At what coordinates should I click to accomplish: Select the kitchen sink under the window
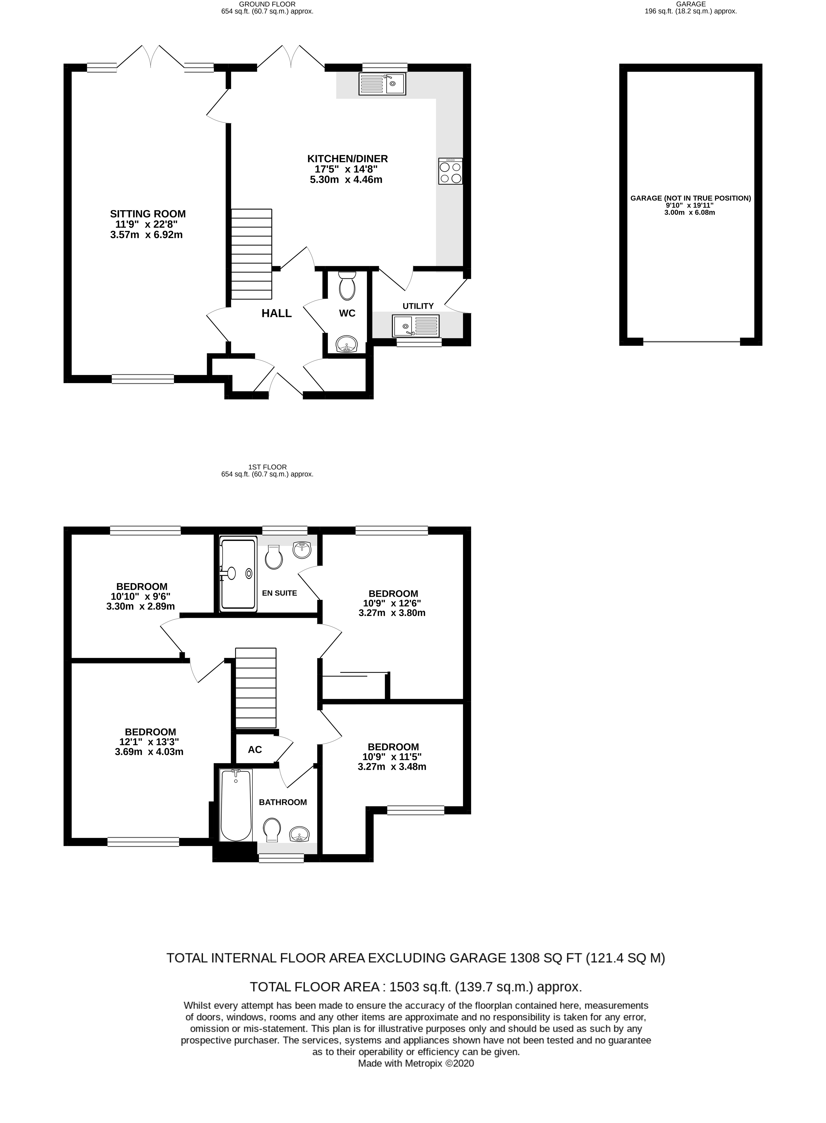(382, 84)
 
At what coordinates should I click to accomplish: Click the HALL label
(276, 314)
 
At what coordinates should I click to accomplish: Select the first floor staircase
(255, 688)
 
